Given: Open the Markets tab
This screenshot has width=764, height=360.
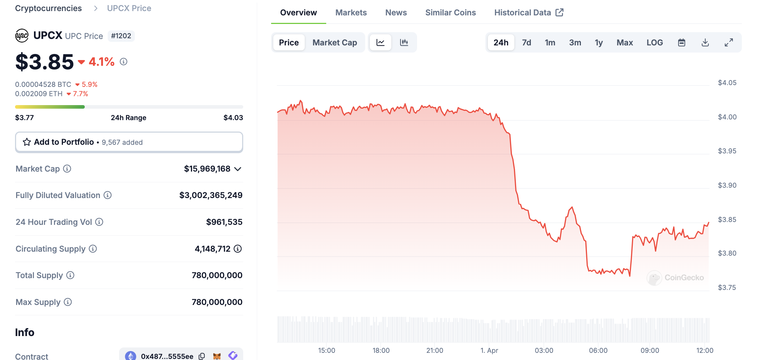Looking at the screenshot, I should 351,13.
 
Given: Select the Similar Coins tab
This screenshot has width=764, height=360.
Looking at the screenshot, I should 450,13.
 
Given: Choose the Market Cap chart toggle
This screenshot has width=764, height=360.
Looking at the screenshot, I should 334,43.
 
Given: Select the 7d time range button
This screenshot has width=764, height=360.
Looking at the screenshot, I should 526,43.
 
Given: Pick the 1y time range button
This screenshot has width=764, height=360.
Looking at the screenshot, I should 598,43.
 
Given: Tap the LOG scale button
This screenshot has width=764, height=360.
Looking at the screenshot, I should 655,43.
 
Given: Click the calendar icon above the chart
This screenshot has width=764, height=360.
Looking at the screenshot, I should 681,43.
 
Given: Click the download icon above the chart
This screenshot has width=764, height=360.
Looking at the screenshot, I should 705,43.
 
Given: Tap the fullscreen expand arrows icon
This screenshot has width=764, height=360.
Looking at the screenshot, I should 729,43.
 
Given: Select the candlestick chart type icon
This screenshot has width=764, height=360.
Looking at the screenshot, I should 404,43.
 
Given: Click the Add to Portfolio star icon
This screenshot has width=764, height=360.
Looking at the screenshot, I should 27,142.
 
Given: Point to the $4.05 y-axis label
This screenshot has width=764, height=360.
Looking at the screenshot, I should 727,83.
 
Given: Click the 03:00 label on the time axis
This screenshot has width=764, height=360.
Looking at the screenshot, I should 544,350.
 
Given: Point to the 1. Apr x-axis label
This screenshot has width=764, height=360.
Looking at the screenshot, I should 489,350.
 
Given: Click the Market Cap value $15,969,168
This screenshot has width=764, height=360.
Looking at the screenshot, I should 207,169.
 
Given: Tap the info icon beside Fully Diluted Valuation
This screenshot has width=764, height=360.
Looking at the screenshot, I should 108,195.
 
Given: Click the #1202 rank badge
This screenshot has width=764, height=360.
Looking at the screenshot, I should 121,36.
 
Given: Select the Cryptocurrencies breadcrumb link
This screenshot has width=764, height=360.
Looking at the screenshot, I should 48,8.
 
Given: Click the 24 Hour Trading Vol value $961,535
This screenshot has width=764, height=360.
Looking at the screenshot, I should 224,222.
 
